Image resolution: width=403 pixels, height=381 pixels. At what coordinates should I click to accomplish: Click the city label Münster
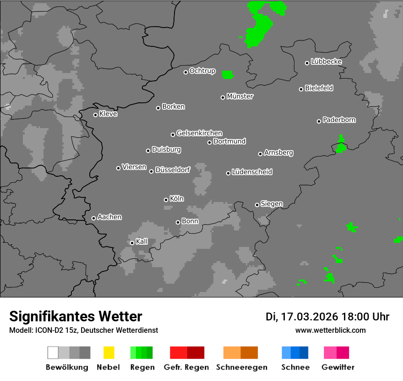click(240, 96)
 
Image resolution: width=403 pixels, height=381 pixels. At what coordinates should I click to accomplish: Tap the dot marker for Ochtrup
click(185, 72)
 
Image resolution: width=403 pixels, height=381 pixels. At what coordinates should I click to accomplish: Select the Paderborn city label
click(339, 120)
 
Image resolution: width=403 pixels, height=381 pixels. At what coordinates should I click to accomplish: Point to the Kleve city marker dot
click(95, 115)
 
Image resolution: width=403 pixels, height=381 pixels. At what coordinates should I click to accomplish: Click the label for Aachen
click(109, 217)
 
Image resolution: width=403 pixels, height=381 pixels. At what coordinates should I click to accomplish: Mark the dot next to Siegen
click(257, 205)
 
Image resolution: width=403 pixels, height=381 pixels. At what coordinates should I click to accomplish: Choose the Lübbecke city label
click(326, 62)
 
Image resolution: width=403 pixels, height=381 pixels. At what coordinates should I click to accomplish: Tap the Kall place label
click(142, 241)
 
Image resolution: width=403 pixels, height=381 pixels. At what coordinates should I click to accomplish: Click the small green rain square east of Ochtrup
click(228, 74)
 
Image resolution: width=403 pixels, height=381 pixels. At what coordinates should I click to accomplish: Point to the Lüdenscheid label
click(252, 172)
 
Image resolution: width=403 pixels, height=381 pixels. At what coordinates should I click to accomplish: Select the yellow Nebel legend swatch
click(109, 353)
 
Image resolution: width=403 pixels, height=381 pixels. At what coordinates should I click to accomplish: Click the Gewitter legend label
click(338, 367)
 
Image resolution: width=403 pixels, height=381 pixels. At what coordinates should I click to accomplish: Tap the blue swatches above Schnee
click(295, 353)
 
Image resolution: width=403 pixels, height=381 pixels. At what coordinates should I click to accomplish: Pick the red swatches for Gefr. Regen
click(187, 353)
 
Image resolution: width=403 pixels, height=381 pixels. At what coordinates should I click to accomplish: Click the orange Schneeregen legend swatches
click(240, 353)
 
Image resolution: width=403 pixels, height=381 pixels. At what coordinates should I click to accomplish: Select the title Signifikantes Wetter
click(76, 316)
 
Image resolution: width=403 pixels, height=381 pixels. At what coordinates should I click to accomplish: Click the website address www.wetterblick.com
click(331, 330)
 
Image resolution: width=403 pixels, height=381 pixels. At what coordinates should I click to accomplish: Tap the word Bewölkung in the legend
click(67, 367)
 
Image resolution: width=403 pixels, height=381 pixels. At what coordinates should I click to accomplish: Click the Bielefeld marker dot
click(301, 89)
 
